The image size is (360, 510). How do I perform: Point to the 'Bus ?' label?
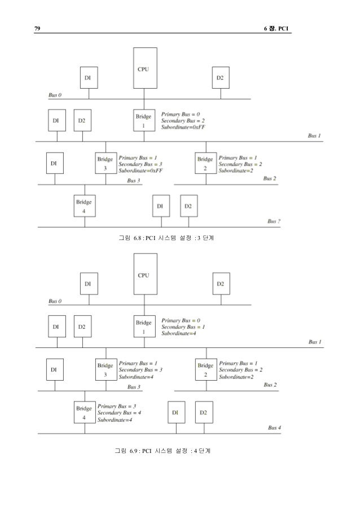pyautogui.click(x=274, y=221)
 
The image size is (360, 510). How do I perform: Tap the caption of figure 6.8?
pyautogui.click(x=165, y=239)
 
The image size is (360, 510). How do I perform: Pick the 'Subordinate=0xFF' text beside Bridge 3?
pyautogui.click(x=140, y=170)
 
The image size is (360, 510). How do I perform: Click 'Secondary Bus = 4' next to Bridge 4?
pyautogui.click(x=119, y=413)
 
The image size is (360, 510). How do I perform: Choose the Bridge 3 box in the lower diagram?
pyautogui.click(x=106, y=370)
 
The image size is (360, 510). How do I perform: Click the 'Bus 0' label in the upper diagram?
pyautogui.click(x=55, y=95)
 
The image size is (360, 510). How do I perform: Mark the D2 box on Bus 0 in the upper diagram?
pyautogui.click(x=219, y=78)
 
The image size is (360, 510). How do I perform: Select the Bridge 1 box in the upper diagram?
pyautogui.click(x=144, y=120)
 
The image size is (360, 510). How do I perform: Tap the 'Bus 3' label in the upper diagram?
pyautogui.click(x=134, y=180)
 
